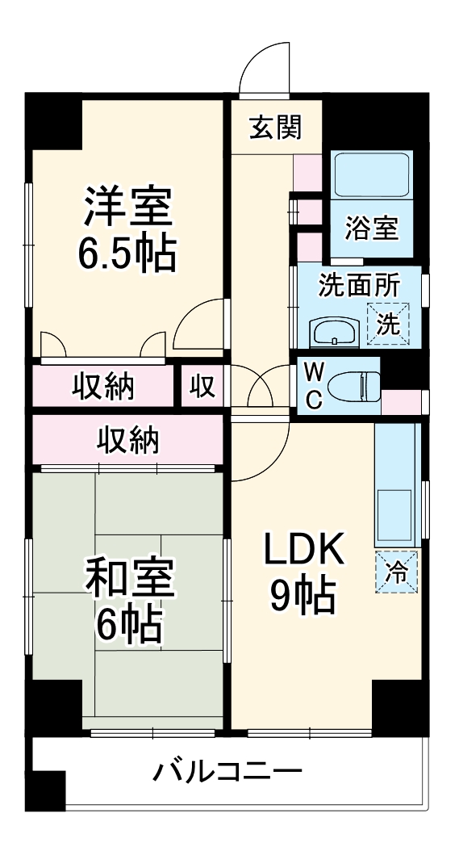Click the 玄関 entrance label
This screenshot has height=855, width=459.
(x=275, y=128)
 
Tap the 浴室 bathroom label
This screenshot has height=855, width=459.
(x=372, y=228)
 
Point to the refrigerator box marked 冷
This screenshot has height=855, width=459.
(x=397, y=572)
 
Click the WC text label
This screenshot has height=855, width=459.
(x=315, y=386)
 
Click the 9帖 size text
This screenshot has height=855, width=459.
(x=303, y=598)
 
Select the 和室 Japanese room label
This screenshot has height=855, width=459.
(x=129, y=576)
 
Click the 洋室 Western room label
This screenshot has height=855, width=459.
(x=127, y=209)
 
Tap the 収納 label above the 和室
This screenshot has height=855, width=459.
(x=128, y=440)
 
